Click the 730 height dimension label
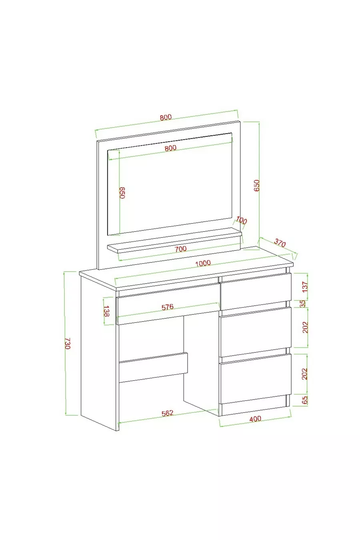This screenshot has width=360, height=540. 68,344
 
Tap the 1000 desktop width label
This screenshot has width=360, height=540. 203,263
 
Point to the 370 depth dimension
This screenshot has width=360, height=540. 280,243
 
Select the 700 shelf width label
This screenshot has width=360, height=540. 181,248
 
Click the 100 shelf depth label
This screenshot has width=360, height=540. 241,220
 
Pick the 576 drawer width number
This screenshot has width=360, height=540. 168,307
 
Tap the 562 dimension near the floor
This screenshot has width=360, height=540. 167,413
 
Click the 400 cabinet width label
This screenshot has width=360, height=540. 255,419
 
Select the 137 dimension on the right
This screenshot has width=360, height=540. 305,287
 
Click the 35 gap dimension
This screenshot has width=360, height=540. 303,304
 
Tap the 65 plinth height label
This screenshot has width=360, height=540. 305,400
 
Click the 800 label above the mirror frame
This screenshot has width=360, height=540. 166,118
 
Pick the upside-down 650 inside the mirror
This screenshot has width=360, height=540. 122,193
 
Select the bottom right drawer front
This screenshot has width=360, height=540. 256,378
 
